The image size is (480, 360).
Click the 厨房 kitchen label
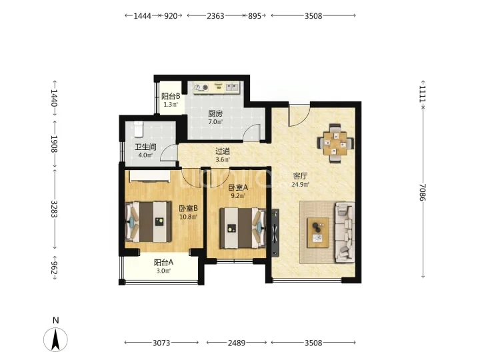pyautogui.click(x=215, y=113)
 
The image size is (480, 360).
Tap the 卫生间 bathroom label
pyautogui.click(x=145, y=147)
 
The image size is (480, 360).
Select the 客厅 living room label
pyautogui.click(x=300, y=176)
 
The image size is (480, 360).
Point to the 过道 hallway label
pyautogui.click(x=223, y=151)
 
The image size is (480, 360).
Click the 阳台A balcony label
pyautogui.click(x=163, y=263)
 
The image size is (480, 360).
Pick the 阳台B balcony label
pyautogui.click(x=171, y=97)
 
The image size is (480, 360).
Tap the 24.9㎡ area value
pyautogui.click(x=300, y=185)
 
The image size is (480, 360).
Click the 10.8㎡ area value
pyautogui.click(x=188, y=217)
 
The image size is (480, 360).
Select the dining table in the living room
pyautogui.click(x=335, y=143)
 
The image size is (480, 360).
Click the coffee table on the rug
pyautogui.click(x=318, y=233)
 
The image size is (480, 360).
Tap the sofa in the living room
pyautogui.click(x=345, y=232)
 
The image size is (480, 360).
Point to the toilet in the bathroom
pyautogui.click(x=139, y=129)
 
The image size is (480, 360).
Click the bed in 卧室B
pyautogui.click(x=149, y=221)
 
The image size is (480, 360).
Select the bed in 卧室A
pyautogui.click(x=243, y=228)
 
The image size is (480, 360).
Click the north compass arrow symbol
pyautogui.click(x=55, y=339)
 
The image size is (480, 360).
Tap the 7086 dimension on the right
pyautogui.click(x=423, y=192)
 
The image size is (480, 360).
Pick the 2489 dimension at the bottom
pyautogui.click(x=236, y=343)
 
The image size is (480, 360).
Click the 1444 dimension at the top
pyautogui.click(x=142, y=15)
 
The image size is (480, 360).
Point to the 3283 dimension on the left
pyautogui.click(x=55, y=209)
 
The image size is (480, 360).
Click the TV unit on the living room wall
pyautogui.click(x=275, y=233)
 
